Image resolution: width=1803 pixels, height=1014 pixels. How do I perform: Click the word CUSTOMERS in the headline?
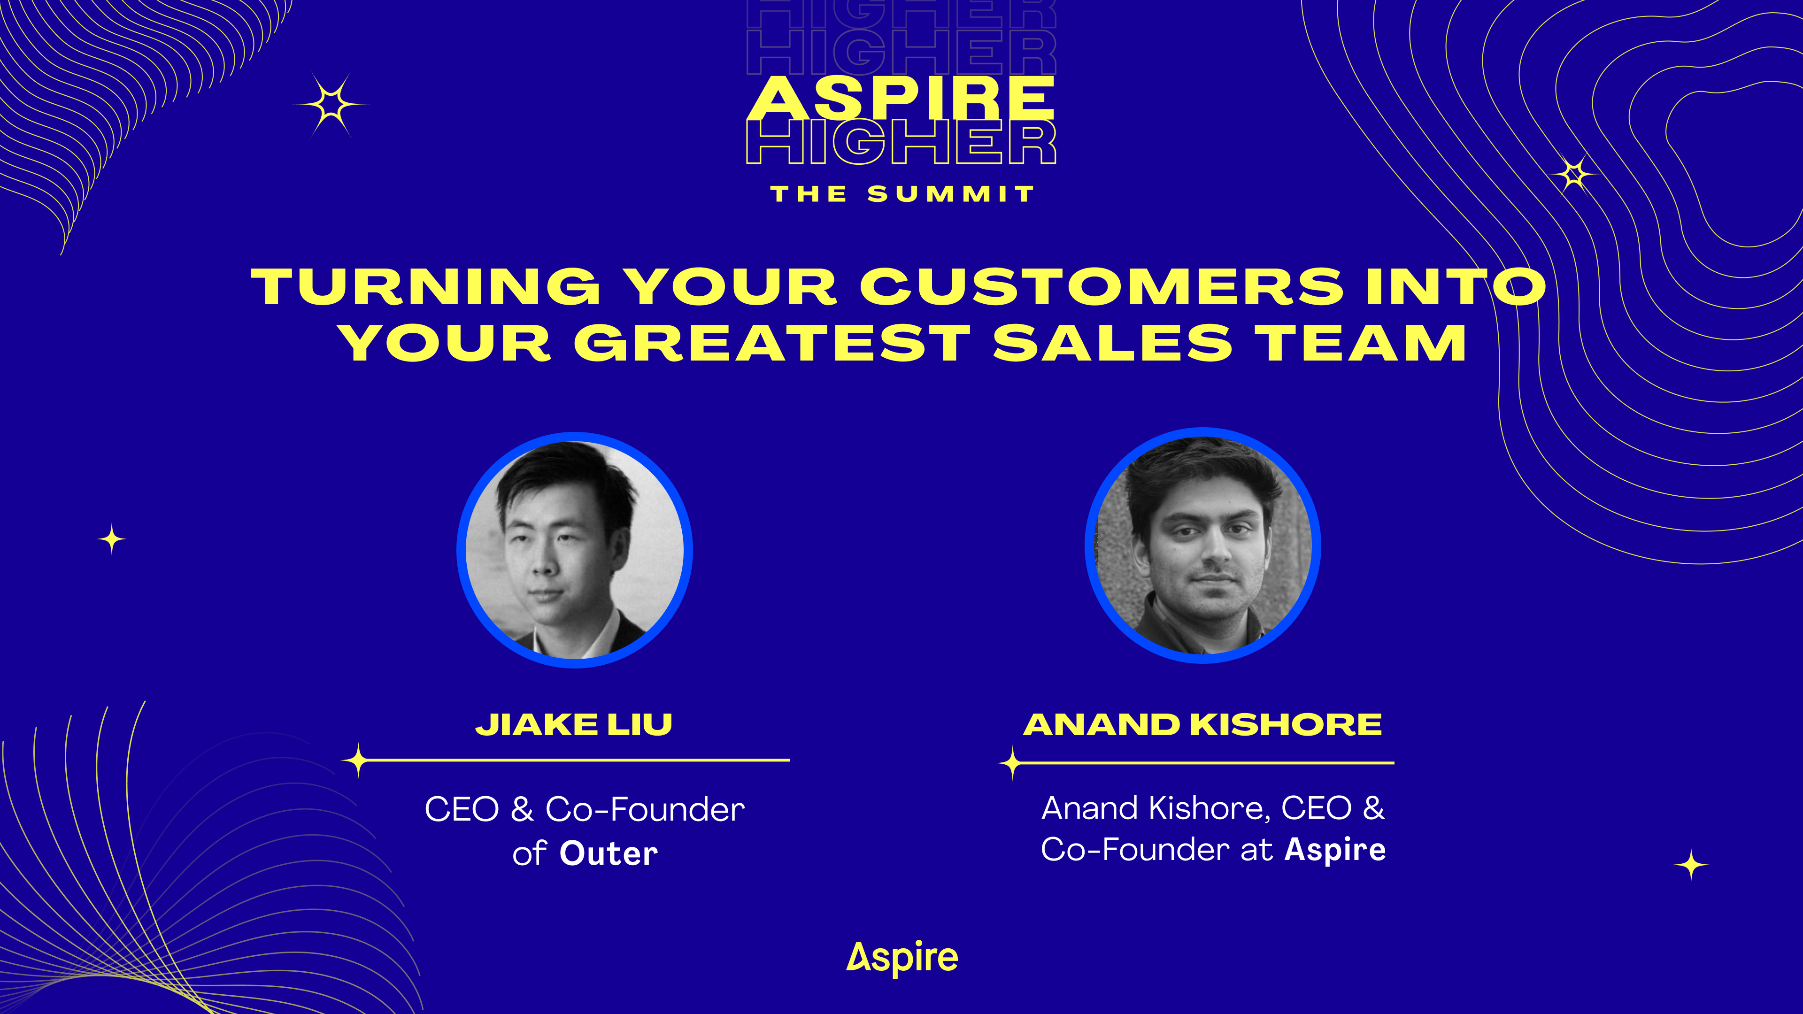click(1102, 287)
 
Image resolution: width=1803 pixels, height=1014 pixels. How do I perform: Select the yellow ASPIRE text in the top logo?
click(901, 98)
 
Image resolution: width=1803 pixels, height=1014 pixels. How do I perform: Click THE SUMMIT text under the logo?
click(902, 194)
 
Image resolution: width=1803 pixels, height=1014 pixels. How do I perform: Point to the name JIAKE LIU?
click(574, 724)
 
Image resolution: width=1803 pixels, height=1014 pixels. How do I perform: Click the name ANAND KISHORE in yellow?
click(1202, 724)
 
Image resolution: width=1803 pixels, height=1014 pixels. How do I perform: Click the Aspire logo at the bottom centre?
click(902, 958)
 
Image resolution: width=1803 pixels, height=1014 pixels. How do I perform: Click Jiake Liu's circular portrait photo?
click(575, 550)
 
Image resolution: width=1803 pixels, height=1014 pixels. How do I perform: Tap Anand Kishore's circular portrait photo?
click(1202, 545)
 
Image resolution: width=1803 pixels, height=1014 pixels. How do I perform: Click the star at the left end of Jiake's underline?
click(358, 760)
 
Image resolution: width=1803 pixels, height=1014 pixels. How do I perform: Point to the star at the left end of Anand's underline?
click(1012, 763)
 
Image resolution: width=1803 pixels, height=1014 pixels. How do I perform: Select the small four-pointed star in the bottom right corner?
click(1691, 865)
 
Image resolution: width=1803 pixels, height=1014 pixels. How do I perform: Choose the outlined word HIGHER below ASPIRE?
click(901, 143)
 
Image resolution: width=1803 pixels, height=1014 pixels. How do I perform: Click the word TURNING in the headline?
click(425, 287)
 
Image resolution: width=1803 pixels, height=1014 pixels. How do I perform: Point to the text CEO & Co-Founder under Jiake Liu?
click(585, 810)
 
